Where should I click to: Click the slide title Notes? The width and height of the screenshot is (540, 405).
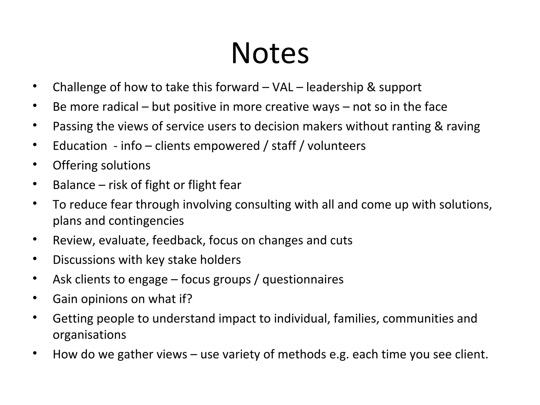tap(270, 54)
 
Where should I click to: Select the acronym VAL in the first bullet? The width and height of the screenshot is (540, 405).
tap(282, 87)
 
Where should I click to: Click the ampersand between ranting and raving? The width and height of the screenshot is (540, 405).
tap(438, 126)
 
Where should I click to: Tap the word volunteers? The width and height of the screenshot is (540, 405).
tap(336, 146)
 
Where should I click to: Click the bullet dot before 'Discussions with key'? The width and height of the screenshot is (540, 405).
tap(35, 259)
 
